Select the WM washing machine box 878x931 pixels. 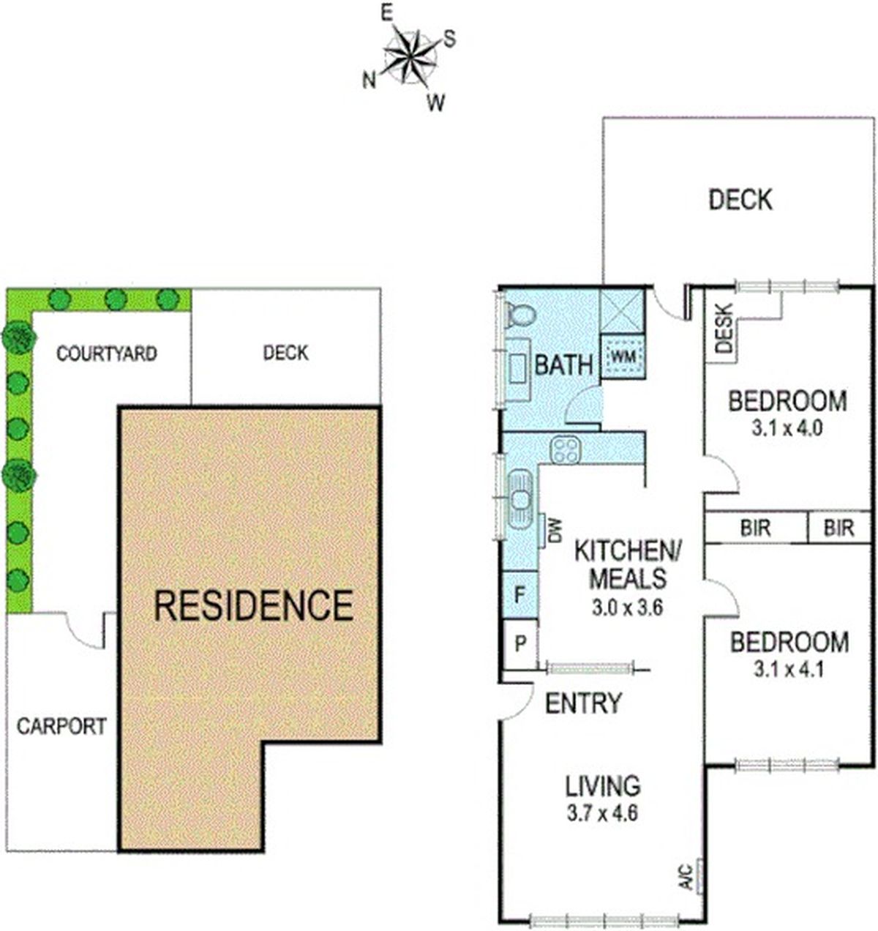click(x=623, y=357)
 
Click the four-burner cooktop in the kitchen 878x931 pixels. click(x=566, y=450)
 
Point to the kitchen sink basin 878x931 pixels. click(x=520, y=498)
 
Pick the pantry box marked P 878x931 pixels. click(x=520, y=643)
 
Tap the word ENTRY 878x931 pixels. click(x=583, y=703)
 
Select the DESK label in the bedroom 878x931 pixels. click(x=724, y=328)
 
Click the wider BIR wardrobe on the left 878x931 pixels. click(x=756, y=528)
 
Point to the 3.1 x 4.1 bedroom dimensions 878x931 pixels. click(x=789, y=669)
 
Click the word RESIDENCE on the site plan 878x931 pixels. click(x=254, y=606)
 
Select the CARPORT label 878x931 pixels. click(x=61, y=726)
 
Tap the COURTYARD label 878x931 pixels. click(x=106, y=354)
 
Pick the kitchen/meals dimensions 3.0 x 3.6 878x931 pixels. click(x=628, y=609)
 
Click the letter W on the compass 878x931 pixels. click(x=436, y=102)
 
